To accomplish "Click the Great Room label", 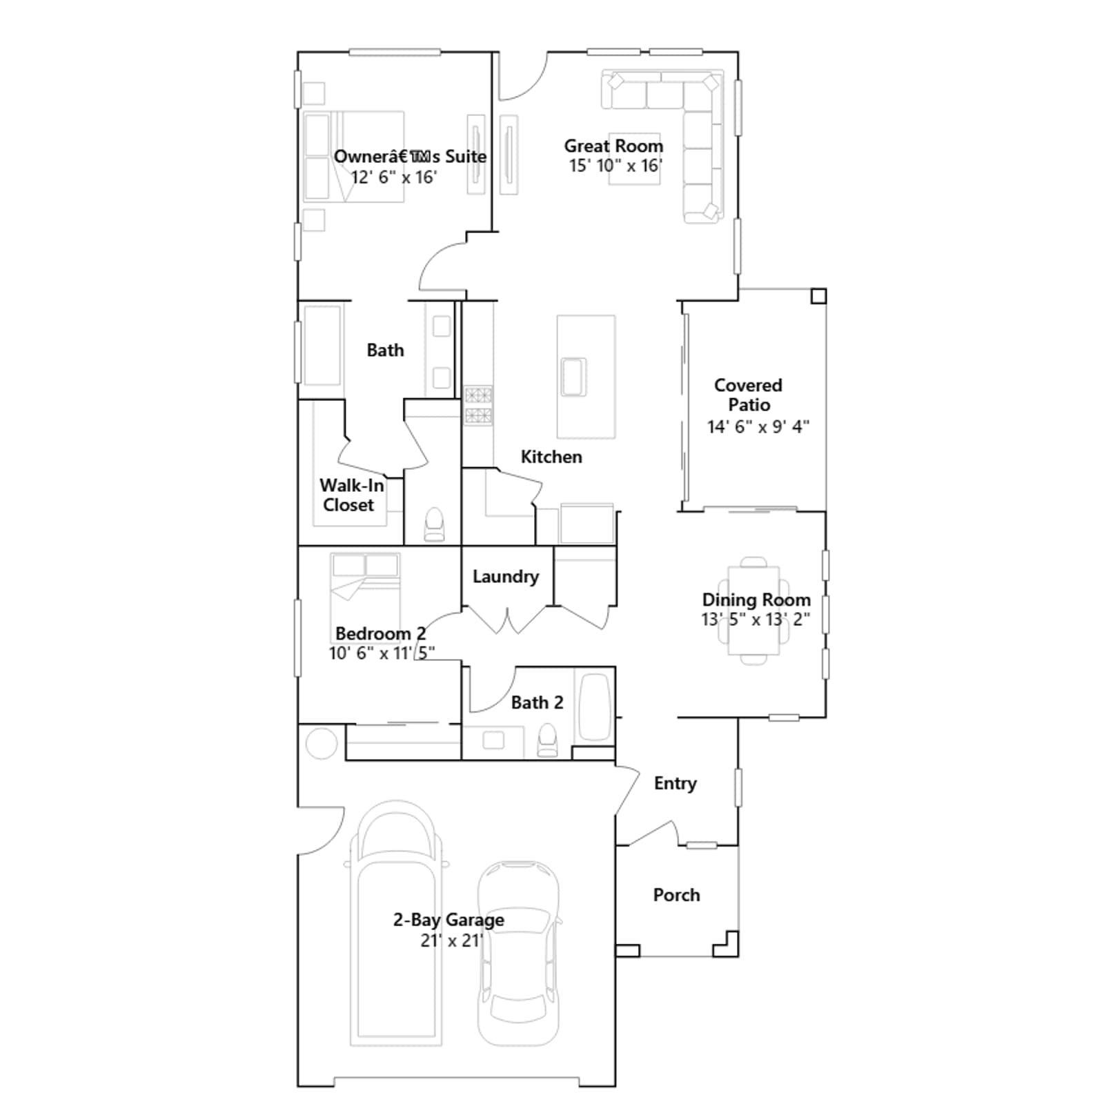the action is pos(613,146).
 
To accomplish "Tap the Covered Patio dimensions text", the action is pos(758,426).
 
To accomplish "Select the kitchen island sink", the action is pos(573,377).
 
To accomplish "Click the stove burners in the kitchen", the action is pos(477,405).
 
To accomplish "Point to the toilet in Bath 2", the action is pos(547,740).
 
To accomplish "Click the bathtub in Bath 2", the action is pos(594,707).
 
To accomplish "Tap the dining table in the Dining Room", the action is pos(753,611).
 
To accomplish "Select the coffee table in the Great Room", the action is pos(634,159).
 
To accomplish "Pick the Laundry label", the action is pos(505,577).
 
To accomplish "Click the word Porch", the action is pos(676,895).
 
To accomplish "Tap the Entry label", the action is pos(675,784).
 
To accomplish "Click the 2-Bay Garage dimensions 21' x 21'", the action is pos(451,940).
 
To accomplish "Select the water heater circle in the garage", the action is pos(321,743).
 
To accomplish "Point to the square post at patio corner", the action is pos(818,296).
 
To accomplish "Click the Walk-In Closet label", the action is pos(351,495).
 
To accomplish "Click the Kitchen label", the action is pos(551,457).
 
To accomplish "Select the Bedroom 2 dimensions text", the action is pos(382,653).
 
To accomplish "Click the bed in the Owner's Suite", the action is pos(353,157).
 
